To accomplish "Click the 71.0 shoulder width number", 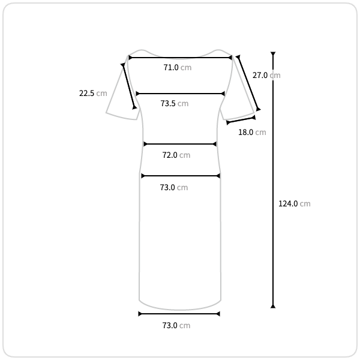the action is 171,67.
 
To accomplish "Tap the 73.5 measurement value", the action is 168,104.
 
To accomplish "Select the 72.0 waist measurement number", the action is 170,155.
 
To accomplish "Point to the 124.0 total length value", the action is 288,203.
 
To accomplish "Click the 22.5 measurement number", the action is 86,94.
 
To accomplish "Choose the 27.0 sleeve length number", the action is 260,76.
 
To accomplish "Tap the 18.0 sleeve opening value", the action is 245,133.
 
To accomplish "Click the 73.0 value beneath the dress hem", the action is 170,326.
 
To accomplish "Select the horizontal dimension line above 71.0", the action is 180,58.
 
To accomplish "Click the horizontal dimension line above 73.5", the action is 180,94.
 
